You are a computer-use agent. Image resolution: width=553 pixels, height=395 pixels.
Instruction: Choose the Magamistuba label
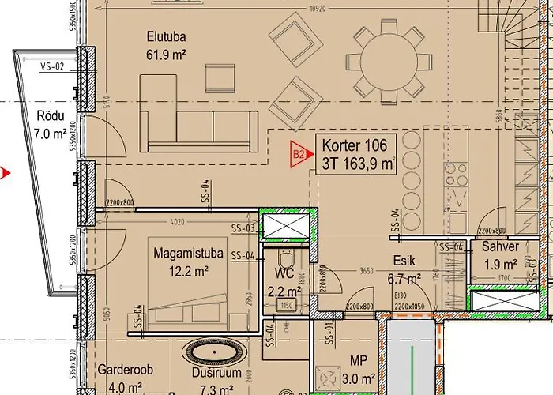pyautogui.click(x=187, y=253)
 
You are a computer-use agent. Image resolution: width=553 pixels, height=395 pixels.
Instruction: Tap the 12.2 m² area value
pyautogui.click(x=187, y=270)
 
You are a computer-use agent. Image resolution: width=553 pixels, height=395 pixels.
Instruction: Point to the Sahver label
pyautogui.click(x=500, y=246)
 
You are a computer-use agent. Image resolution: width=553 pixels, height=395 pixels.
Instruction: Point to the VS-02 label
pyautogui.click(x=51, y=67)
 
